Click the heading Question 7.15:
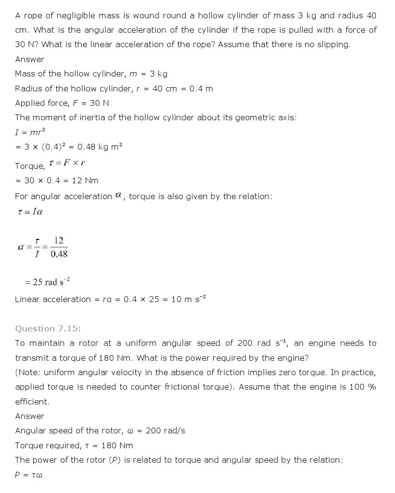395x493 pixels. pyautogui.click(x=48, y=329)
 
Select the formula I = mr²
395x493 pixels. pyautogui.click(x=30, y=132)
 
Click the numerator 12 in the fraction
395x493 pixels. pyautogui.click(x=59, y=240)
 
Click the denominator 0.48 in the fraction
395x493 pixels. pyautogui.click(x=59, y=254)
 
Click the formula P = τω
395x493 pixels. pyautogui.click(x=28, y=475)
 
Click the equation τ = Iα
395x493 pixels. pyautogui.click(x=30, y=212)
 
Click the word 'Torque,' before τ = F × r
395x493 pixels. pyautogui.click(x=30, y=166)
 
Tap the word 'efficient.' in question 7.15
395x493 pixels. pyautogui.click(x=32, y=402)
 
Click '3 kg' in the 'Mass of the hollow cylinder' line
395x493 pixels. pyautogui.click(x=158, y=74)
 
